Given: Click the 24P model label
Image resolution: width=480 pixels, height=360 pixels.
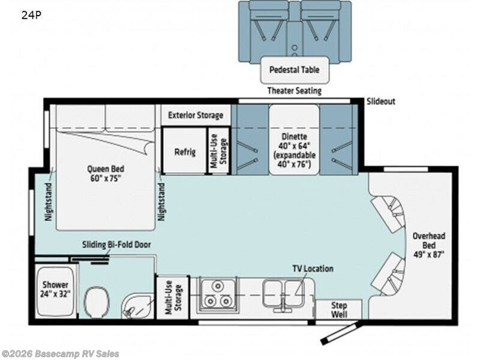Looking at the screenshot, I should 32,16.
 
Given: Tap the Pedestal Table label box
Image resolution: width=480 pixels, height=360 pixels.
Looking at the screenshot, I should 294,70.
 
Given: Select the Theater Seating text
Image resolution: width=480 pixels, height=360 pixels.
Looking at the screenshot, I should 294,91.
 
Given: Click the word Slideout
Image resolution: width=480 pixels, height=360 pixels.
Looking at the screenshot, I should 381,101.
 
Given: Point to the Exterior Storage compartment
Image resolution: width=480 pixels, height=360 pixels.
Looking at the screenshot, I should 196,115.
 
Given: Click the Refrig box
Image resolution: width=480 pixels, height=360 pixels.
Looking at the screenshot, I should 185,152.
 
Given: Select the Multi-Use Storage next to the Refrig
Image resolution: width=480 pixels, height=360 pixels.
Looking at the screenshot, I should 218,151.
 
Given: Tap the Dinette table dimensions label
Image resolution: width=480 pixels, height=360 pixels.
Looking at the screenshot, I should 293,150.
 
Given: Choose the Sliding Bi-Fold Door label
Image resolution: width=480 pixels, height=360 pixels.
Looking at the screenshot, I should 117,245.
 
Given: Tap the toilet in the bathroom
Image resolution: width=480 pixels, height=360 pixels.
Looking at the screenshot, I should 95,300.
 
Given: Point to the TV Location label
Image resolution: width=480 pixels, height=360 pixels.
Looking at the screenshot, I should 313,269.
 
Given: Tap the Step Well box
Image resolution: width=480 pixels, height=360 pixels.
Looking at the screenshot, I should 340,310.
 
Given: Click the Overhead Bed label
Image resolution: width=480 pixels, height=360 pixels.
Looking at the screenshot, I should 427,245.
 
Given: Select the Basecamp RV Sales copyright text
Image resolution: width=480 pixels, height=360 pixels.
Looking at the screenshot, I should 61,354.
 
